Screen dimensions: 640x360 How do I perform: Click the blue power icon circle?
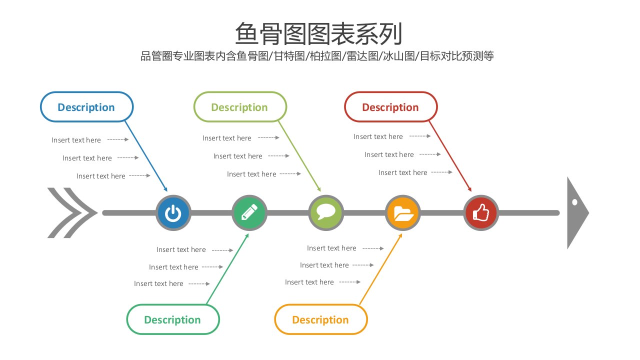[x=173, y=213]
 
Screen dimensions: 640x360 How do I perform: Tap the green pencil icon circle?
[x=249, y=213]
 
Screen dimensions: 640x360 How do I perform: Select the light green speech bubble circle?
[x=326, y=213]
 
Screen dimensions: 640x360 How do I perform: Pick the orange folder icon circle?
[x=403, y=213]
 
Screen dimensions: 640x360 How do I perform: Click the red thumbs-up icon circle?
[x=481, y=213]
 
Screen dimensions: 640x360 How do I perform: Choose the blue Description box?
[x=86, y=107]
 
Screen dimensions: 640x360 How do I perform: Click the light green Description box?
[x=240, y=107]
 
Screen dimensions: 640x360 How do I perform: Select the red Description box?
[x=391, y=107]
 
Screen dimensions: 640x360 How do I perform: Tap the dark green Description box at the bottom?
[x=173, y=319]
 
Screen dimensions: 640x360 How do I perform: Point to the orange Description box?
[x=321, y=319]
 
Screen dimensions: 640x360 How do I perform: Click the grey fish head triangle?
[x=577, y=213]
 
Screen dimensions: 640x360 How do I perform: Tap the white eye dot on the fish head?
[x=575, y=202]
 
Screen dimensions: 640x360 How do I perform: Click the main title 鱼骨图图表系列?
[x=319, y=33]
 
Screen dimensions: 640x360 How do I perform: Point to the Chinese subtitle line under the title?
[x=317, y=56]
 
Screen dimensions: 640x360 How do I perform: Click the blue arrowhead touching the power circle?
[x=165, y=189]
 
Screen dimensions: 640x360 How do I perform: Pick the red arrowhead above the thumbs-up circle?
[x=469, y=189]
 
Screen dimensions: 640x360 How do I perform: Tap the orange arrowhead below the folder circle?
[x=400, y=236]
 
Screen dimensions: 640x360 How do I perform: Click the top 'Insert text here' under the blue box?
[x=76, y=140]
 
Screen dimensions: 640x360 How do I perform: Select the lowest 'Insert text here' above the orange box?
[x=309, y=282]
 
